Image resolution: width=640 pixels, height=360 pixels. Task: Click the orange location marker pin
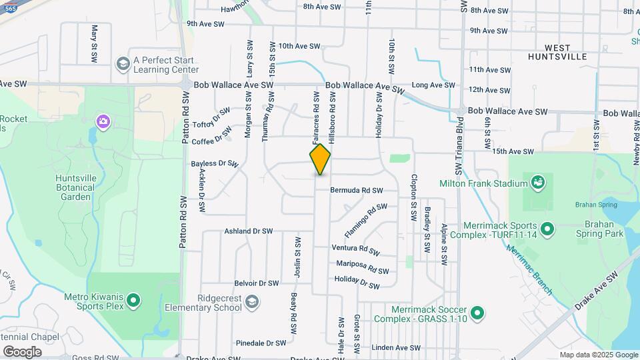pyautogui.click(x=320, y=159)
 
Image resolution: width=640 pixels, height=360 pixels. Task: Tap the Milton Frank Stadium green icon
pyautogui.click(x=538, y=181)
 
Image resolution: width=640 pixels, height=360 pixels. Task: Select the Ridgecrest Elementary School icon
pyautogui.click(x=251, y=301)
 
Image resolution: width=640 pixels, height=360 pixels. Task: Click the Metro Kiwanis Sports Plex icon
pyautogui.click(x=133, y=301)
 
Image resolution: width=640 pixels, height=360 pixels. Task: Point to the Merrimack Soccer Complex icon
pyautogui.click(x=477, y=313)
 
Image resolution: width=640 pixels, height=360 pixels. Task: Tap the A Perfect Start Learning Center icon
pyautogui.click(x=122, y=64)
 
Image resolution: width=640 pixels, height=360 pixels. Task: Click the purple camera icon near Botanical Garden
pyautogui.click(x=103, y=121)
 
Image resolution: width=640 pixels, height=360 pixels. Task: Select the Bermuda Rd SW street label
pyautogui.click(x=357, y=191)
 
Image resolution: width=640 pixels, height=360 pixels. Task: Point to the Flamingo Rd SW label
pyautogui.click(x=365, y=221)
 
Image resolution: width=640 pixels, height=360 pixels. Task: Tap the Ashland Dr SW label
pyautogui.click(x=248, y=231)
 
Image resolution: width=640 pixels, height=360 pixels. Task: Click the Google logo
pyautogui.click(x=22, y=351)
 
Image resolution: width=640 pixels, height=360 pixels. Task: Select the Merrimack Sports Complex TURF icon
pyautogui.click(x=547, y=229)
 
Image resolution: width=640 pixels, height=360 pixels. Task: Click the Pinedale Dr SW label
pyautogui.click(x=261, y=343)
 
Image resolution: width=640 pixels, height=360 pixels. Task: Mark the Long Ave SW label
pyautogui.click(x=433, y=85)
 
